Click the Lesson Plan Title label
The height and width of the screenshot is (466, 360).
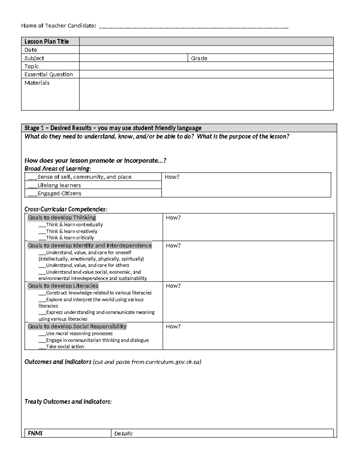[46, 41]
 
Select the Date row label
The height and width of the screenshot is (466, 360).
[31, 50]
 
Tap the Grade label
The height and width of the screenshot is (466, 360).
[199, 58]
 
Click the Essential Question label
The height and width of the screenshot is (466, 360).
[49, 74]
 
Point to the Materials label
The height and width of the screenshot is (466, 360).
[37, 83]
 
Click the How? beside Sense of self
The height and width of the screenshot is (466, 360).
[172, 177]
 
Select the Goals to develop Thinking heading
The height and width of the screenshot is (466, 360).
[62, 218]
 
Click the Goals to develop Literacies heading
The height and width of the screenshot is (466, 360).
[63, 286]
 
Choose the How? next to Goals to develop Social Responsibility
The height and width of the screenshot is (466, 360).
[173, 326]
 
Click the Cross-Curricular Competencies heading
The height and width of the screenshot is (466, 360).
[66, 209]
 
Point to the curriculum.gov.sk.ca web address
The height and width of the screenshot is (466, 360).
[172, 362]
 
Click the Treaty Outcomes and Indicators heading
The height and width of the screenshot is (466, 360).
[68, 401]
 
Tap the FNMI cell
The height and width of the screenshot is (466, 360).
[35, 433]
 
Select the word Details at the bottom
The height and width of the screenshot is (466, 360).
[123, 434]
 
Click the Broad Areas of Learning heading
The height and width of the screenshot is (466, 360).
[58, 169]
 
